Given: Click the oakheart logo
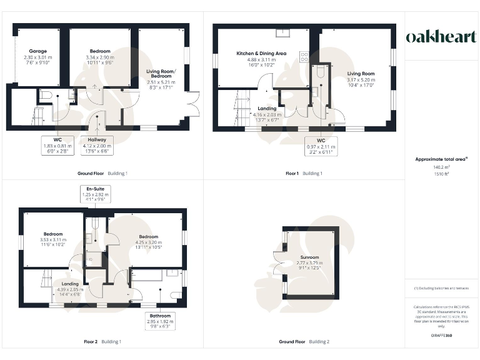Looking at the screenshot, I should (x=441, y=37).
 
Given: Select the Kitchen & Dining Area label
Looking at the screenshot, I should (x=261, y=54).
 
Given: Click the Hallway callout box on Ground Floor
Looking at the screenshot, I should (x=97, y=144).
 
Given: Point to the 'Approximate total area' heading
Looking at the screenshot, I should (x=441, y=159).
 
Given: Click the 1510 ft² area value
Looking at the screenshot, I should (x=441, y=174).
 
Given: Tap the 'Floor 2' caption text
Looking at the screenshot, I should (x=91, y=342).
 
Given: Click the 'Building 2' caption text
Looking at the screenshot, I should (x=319, y=342).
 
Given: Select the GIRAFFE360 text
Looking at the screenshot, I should (x=441, y=337).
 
